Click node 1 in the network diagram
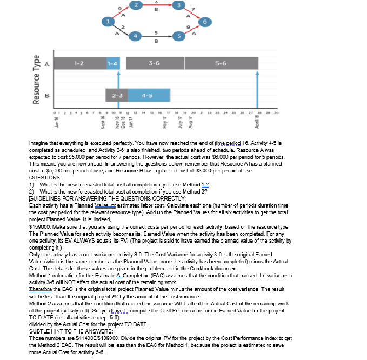point(109,21)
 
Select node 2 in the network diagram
point(137,5)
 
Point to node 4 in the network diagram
point(137,36)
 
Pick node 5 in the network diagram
point(178,36)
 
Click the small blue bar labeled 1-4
point(113,64)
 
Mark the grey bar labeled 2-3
point(116,95)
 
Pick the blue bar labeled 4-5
point(146,95)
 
